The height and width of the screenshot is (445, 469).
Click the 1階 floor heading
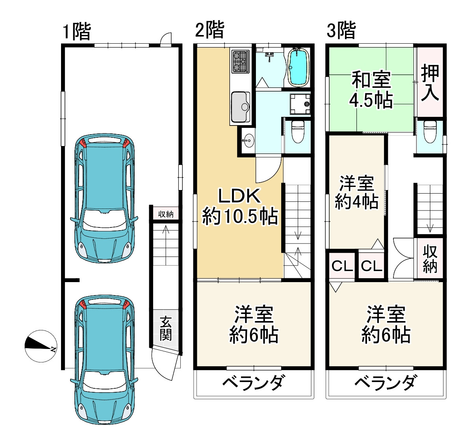coord(77,31)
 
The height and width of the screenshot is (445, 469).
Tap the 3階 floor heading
coord(341,30)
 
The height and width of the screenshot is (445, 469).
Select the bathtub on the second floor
coord(299,66)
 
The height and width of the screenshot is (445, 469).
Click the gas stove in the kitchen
coord(240,61)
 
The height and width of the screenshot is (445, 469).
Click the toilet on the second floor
coord(297,131)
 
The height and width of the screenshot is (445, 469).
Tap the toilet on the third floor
coord(429,131)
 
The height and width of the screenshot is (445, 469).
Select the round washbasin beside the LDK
coord(248,140)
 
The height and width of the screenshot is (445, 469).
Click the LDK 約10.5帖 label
coord(239,206)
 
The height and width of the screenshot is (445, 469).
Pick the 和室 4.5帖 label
coord(371,90)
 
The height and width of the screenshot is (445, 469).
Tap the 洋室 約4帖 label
coord(356,193)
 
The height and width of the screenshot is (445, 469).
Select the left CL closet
coord(341,266)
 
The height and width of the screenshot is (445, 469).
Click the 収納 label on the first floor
coord(166,214)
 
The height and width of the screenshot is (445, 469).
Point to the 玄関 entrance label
coord(166,329)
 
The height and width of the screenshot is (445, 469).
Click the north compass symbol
coord(41,346)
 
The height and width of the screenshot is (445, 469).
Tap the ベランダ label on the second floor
coord(253,382)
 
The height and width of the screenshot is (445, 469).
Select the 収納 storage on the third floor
coord(430,259)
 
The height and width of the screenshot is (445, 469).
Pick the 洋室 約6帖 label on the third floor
coord(386,325)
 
